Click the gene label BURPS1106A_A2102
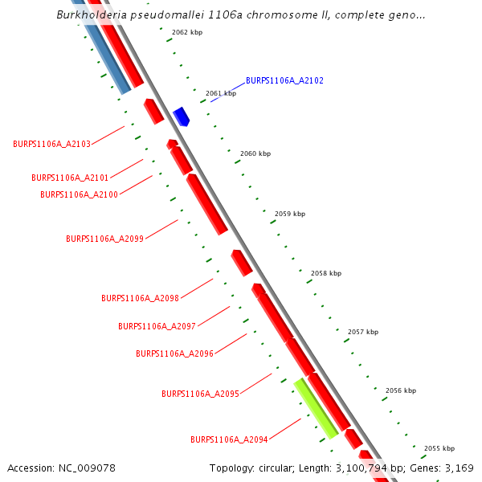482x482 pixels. point(284,80)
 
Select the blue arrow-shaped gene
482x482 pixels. point(182,116)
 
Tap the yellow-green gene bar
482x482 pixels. point(316,408)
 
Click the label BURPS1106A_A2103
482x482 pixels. point(51,144)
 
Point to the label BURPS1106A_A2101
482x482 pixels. point(70,178)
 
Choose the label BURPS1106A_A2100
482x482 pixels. point(79,194)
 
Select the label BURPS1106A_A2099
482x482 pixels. point(104,239)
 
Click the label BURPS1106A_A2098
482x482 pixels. point(140,298)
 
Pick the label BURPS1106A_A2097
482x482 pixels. point(157,326)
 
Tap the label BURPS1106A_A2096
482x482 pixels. point(174,353)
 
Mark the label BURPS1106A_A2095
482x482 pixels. point(200,394)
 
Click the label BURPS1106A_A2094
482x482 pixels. point(229,440)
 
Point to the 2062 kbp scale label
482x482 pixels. point(187,32)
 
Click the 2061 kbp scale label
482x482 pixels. point(221,93)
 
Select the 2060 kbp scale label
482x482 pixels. point(255,153)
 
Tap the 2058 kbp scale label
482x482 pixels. point(326,273)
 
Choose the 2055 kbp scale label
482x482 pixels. point(439,448)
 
